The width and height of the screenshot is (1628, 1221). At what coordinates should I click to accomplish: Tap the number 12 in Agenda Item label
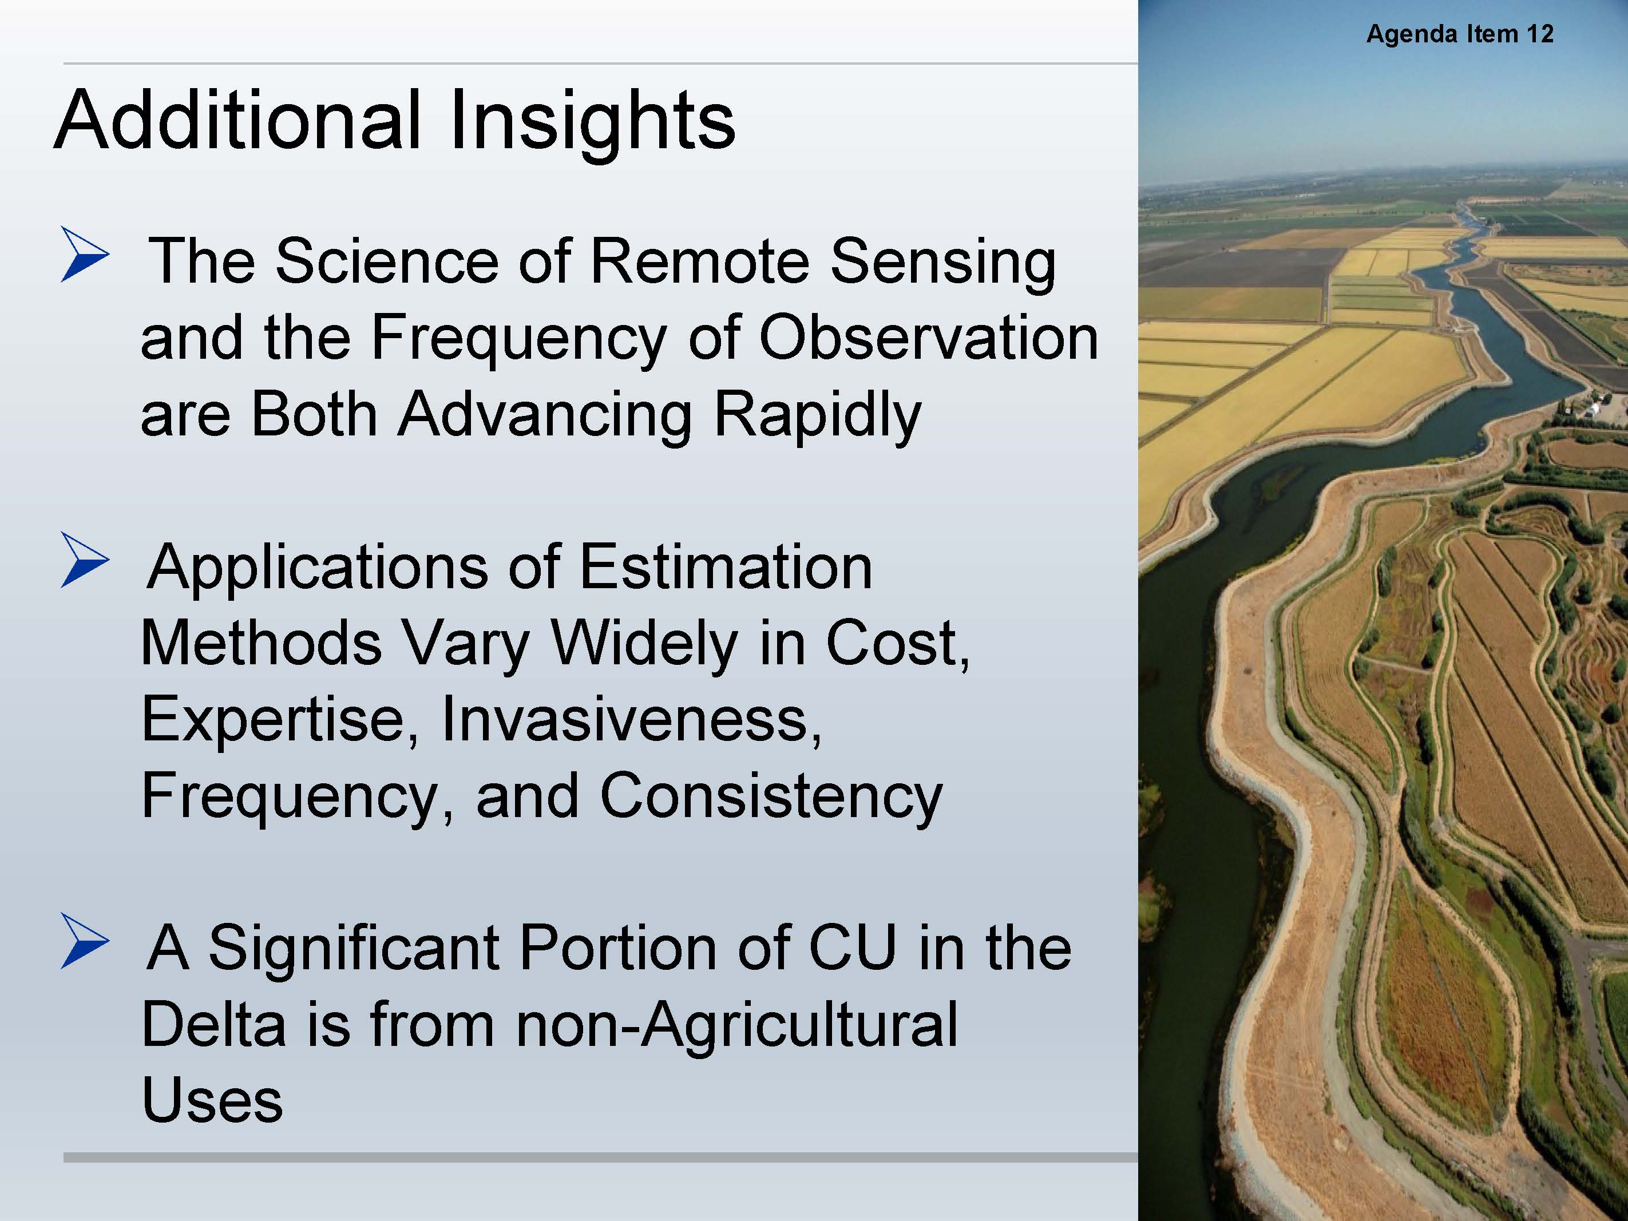1540,34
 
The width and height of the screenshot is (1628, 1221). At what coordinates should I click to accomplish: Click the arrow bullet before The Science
85,255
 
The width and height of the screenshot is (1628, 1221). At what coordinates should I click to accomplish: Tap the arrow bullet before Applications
85,560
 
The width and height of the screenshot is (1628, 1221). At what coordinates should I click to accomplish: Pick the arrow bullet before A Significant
85,941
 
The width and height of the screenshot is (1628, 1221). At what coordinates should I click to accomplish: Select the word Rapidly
817,417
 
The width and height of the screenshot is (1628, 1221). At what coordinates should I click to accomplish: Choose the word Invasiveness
630,719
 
